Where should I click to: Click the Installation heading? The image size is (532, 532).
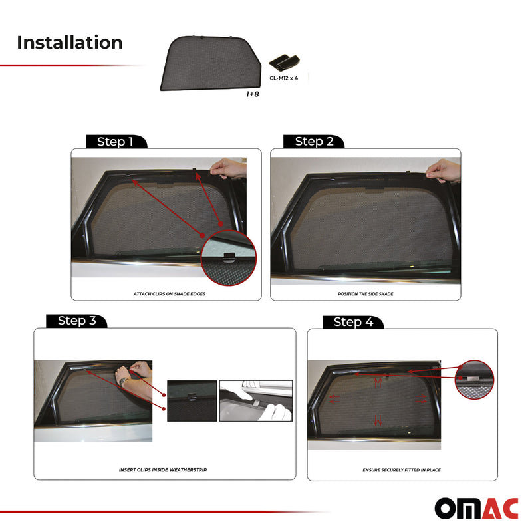pos(70,43)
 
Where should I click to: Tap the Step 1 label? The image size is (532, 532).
pos(115,142)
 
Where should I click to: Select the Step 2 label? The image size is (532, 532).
pos(314,142)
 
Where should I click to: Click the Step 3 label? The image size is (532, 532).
pos(76,321)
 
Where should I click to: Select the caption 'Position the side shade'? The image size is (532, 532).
pos(364,293)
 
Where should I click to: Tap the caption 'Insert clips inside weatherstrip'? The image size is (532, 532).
pos(164,469)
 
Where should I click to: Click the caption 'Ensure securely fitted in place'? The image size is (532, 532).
pos(401,469)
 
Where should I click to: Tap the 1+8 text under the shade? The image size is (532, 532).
pos(252,94)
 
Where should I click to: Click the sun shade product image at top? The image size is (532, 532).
pos(209,63)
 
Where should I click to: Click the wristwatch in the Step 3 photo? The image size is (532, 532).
pos(123,380)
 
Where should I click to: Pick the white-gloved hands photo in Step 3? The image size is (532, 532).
pos(256,401)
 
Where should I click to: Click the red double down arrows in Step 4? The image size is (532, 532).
pos(378,420)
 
